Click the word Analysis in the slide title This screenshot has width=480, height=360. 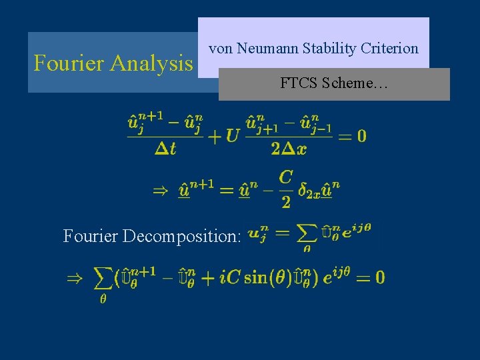tap(151, 63)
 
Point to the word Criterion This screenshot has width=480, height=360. tap(390, 49)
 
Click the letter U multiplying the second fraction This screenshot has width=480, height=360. tap(233, 137)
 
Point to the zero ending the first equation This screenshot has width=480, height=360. tap(361, 137)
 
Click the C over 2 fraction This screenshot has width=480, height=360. tap(285, 189)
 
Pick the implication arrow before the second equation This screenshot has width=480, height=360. tap(161, 191)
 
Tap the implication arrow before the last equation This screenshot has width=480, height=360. tap(75, 278)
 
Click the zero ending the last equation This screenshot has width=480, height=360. tap(379, 277)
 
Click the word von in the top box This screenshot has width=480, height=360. tap(220, 49)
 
